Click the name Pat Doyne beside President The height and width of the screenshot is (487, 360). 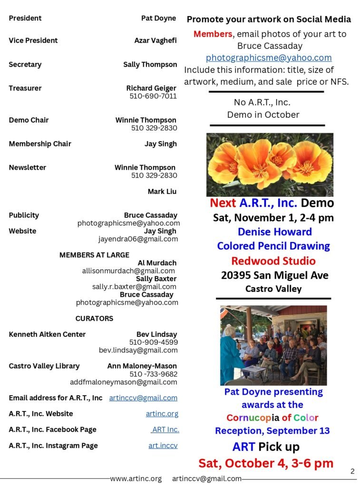tap(158, 19)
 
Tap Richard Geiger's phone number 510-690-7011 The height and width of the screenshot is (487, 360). tap(153, 96)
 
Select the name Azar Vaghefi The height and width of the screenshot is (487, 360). tap(156, 41)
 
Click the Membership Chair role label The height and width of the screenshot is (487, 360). tap(40, 144)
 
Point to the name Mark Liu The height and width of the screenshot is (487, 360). tap(162, 192)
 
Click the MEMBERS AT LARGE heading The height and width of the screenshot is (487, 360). tap(94, 255)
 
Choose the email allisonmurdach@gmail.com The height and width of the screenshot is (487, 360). tap(128, 271)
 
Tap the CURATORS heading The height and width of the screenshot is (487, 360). tap(94, 319)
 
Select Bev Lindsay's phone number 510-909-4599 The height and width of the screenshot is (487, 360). tap(154, 342)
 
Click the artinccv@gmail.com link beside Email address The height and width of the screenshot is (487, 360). tap(143, 398)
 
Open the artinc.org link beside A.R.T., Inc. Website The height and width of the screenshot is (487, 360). tap(162, 414)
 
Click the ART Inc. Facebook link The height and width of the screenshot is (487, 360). tap(165, 430)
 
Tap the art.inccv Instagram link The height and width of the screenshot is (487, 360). tap(163, 446)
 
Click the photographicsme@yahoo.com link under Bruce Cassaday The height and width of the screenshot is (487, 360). tap(269, 58)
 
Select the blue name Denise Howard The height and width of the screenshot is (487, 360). tap(274, 232)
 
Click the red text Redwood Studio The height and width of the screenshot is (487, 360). tap(273, 261)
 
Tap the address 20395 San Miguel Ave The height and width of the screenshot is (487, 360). tap(274, 275)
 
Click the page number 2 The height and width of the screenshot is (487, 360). tap(352, 472)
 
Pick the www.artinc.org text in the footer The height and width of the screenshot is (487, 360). tap(136, 479)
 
